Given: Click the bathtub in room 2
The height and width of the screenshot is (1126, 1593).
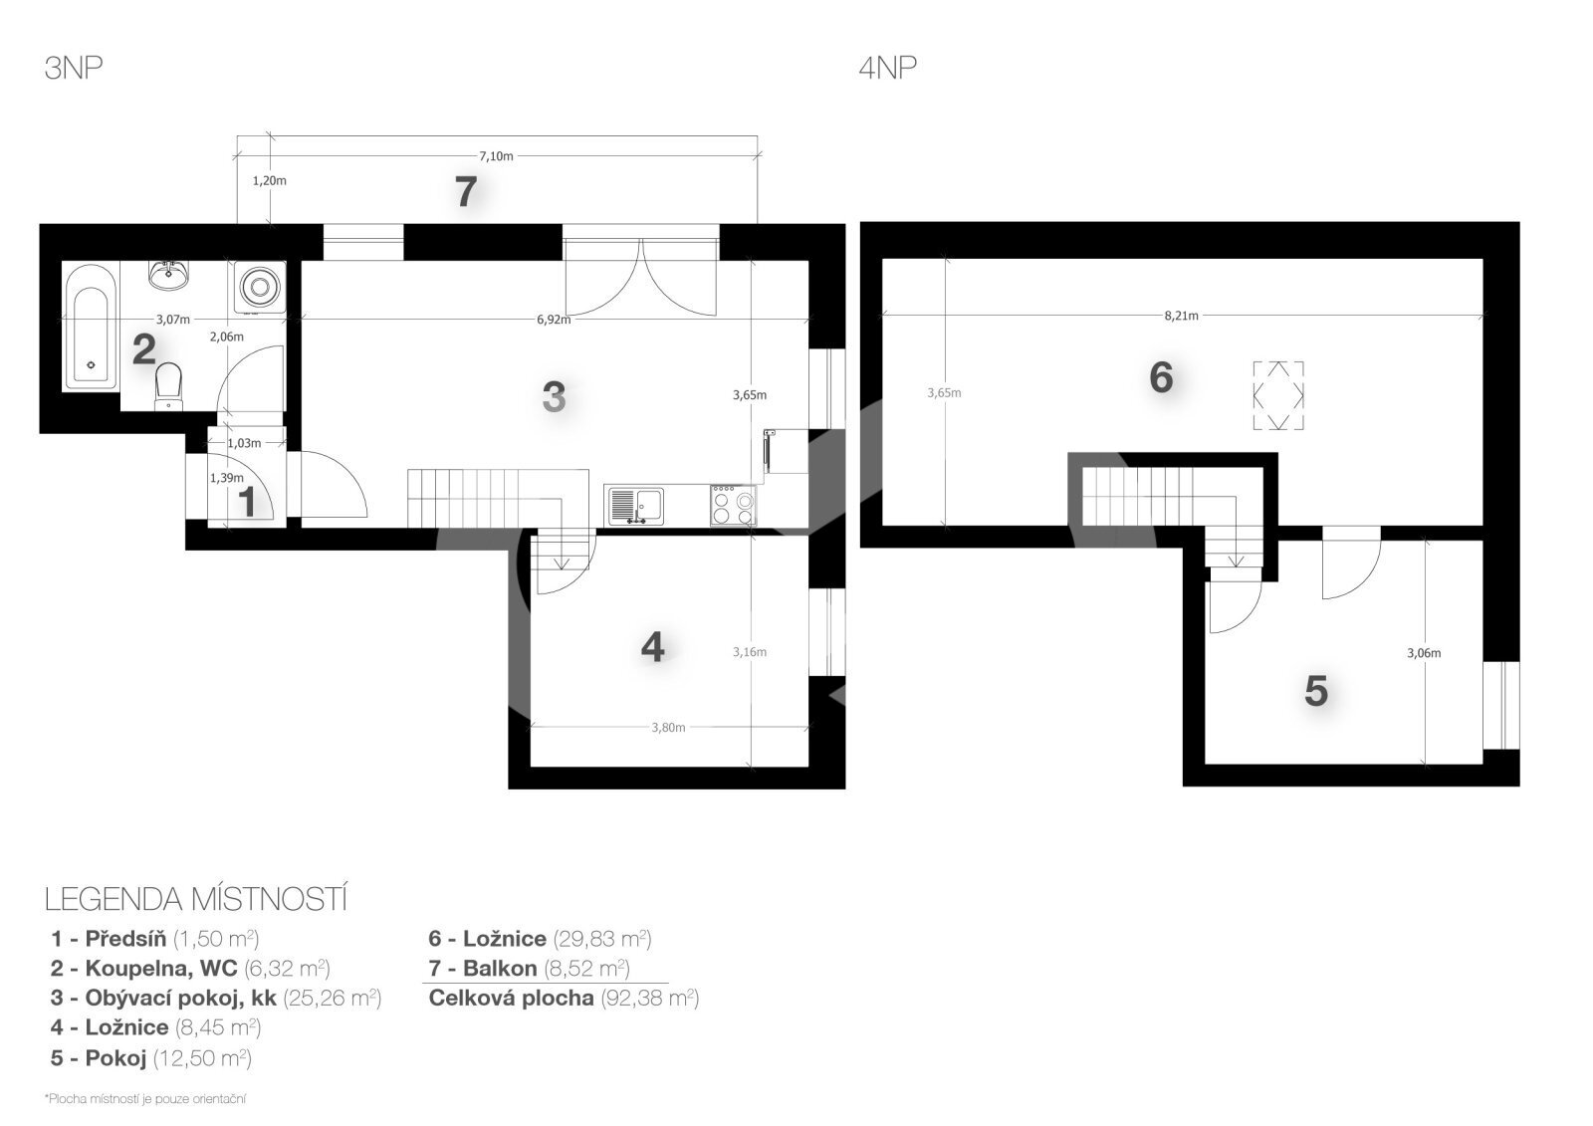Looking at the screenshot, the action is (x=91, y=328).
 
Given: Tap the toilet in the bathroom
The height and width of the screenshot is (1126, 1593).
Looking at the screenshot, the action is (x=168, y=386).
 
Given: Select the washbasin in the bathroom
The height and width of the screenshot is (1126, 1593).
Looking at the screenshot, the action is (x=168, y=275).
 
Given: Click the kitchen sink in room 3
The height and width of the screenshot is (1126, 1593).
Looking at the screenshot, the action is (x=636, y=506).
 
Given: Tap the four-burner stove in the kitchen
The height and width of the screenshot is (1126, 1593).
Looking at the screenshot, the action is (x=733, y=505).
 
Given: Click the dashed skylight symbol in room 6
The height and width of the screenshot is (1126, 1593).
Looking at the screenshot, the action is (x=1278, y=395).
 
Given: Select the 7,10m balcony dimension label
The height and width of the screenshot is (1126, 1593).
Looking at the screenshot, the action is (x=496, y=155).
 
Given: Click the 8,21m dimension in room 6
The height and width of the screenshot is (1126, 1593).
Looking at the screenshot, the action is (x=1181, y=316).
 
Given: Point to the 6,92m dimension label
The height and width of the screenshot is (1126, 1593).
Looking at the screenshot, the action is (x=554, y=320).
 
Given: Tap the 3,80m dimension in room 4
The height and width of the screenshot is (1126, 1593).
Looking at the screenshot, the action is (x=668, y=727).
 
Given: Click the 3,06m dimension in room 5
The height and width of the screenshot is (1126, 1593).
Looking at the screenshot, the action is (x=1424, y=652).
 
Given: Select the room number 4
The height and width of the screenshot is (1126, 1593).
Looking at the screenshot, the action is (x=652, y=647).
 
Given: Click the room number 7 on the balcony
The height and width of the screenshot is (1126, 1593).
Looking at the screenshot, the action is (x=466, y=192).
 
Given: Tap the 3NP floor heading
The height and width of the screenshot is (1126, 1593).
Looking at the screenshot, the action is (x=74, y=69).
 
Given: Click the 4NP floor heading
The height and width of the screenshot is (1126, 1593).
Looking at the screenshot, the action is (x=887, y=69).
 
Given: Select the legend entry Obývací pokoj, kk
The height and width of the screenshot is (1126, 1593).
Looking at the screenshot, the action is (x=215, y=998).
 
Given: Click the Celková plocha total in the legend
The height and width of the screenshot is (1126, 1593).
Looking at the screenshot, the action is (x=564, y=998).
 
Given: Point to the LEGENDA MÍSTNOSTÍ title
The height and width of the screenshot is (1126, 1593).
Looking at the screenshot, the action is (x=195, y=899).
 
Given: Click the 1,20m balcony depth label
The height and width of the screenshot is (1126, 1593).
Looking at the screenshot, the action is (x=270, y=180).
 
